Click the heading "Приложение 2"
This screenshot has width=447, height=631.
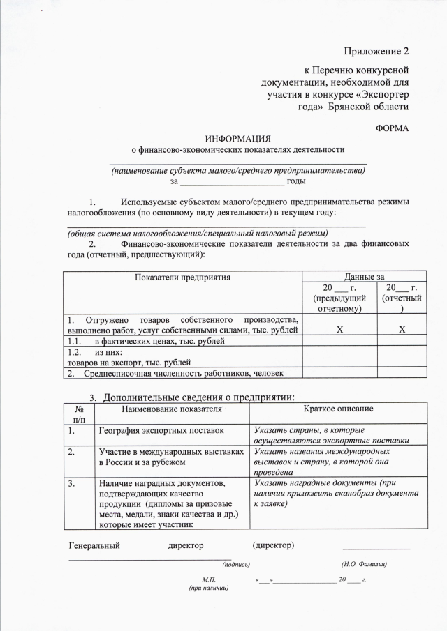376,52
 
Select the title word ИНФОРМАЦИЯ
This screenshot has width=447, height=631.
238,138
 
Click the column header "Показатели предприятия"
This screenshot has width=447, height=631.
183,277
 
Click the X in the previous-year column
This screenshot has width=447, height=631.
339,330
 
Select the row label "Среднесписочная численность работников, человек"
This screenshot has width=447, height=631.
175,373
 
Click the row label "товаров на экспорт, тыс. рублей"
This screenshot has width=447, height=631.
119,363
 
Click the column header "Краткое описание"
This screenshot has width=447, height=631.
338,408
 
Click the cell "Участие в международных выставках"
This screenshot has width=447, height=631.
171,451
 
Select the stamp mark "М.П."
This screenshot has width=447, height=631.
208,580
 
